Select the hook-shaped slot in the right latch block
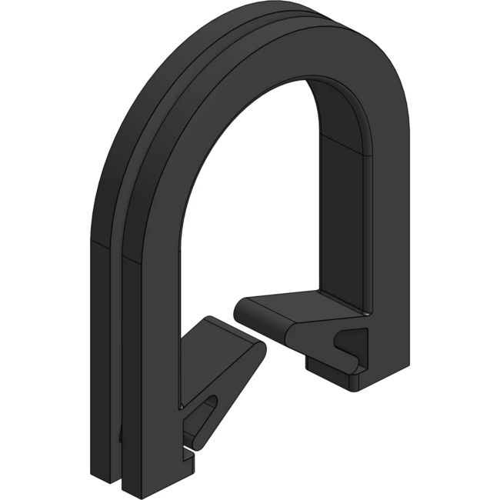[x=350, y=338]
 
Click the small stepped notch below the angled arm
[x=189, y=454]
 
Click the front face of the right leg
[x=388, y=231]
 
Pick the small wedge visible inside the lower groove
[x=121, y=435]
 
